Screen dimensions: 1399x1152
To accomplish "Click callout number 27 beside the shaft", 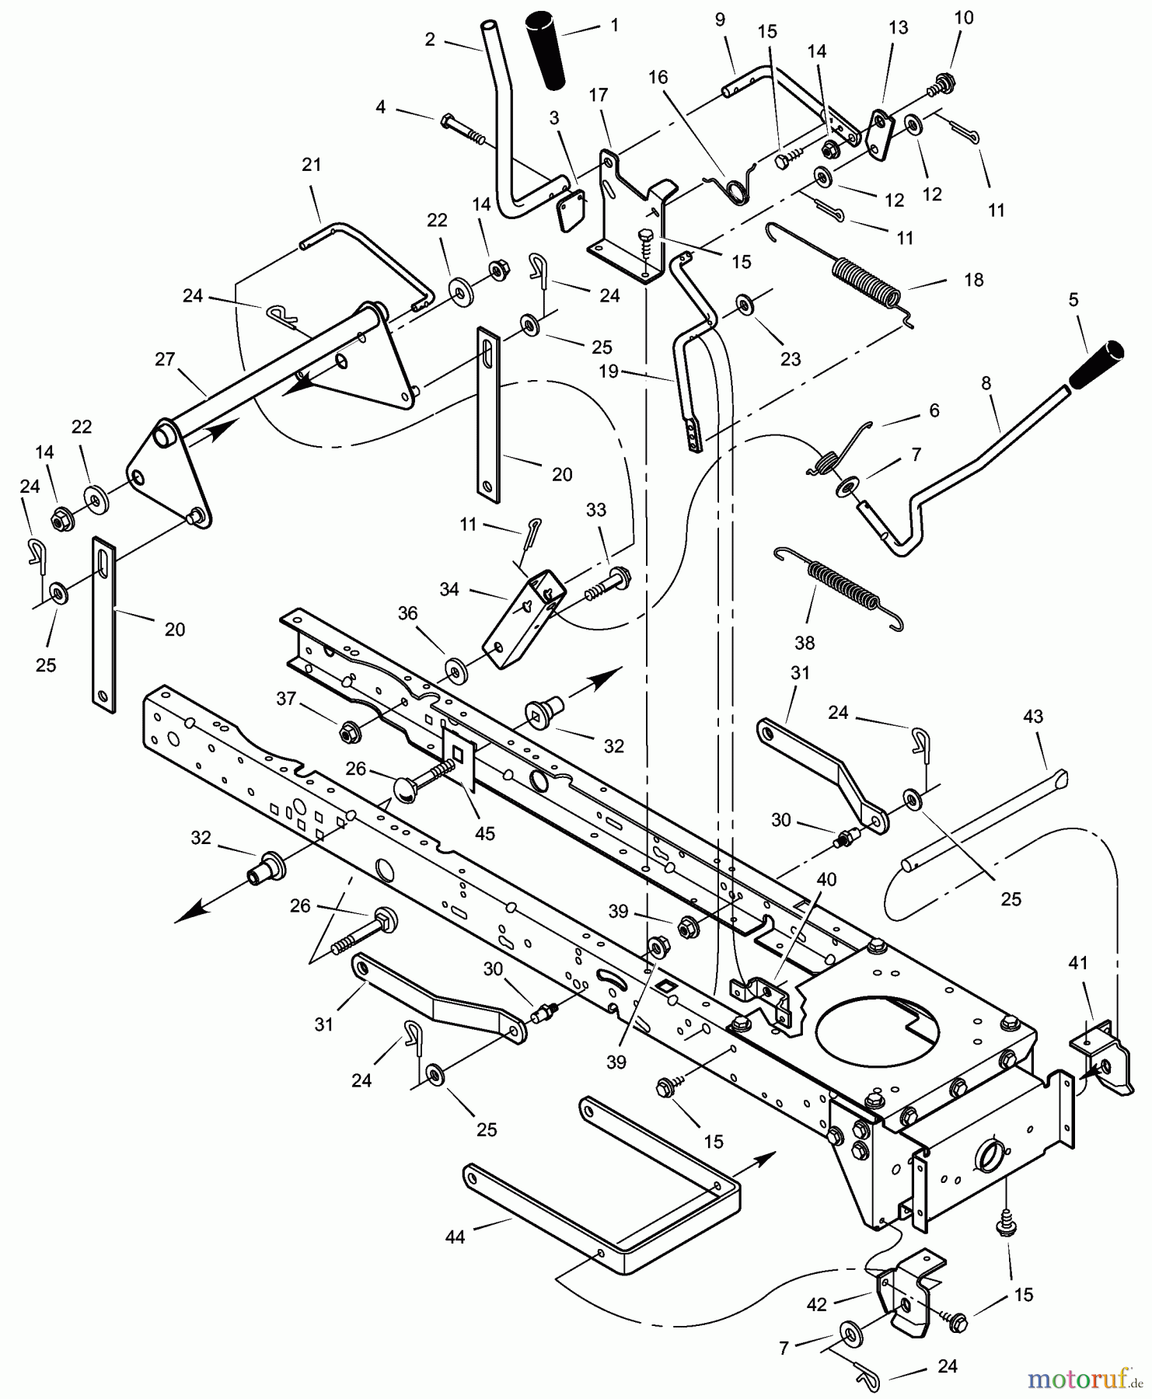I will [165, 359].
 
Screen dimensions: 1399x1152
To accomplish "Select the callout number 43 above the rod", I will [1033, 717].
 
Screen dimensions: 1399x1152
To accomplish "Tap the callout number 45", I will [485, 833].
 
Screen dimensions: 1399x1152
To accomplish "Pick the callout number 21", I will [311, 165].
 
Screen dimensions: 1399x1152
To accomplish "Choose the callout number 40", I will [827, 879].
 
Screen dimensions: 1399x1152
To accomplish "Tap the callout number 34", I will [449, 589].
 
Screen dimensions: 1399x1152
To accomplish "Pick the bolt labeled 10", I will [944, 81].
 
